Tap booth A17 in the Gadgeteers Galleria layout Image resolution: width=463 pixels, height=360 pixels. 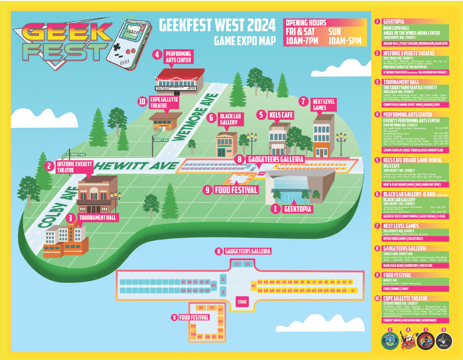(x=253, y=285)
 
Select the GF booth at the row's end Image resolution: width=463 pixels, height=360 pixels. (x=352, y=290)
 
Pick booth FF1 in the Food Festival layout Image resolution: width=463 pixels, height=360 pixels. (x=200, y=308)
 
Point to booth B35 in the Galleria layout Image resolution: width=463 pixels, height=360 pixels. (x=213, y=285)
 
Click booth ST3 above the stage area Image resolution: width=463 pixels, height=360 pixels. (x=236, y=264)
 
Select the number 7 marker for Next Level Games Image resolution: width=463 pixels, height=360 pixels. (x=303, y=101)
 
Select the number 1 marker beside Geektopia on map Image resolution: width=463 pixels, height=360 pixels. (x=274, y=209)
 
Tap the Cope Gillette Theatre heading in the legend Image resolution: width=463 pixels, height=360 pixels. (x=404, y=298)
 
